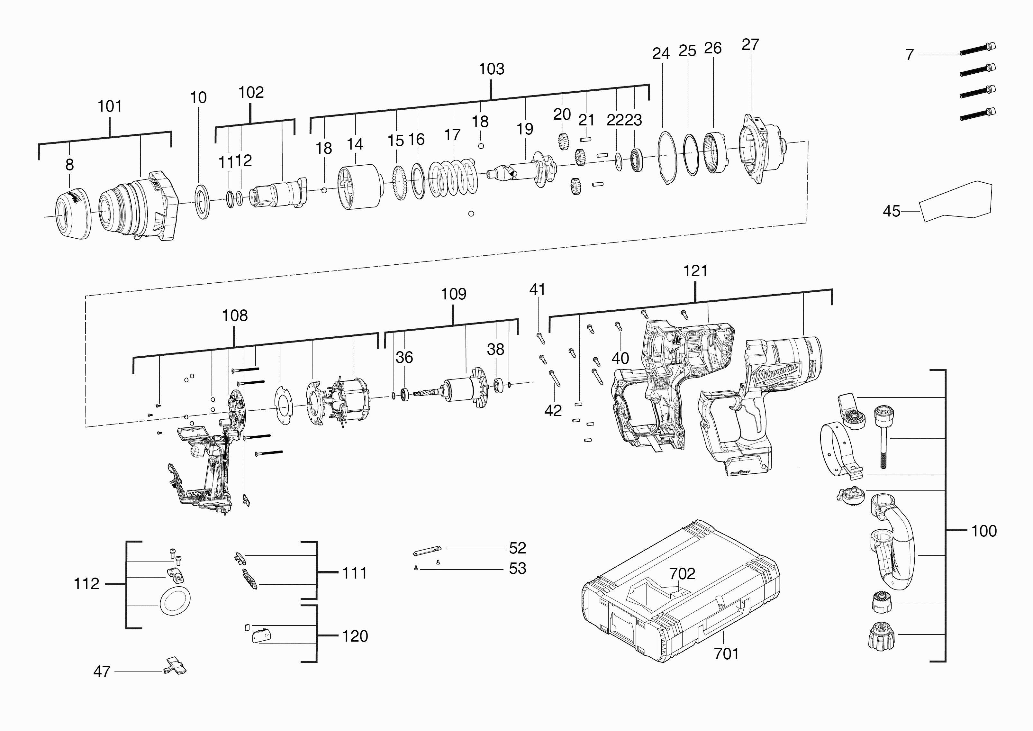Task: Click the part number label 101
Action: [x=110, y=107]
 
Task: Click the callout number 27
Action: [x=750, y=45]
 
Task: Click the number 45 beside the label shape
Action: [x=891, y=211]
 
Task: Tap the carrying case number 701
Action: [x=726, y=653]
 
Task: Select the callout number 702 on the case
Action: [x=682, y=574]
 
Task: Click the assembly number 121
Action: [x=695, y=271]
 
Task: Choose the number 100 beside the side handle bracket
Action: [x=983, y=531]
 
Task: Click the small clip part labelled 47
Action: [x=175, y=666]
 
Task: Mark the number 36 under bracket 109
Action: [x=404, y=357]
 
